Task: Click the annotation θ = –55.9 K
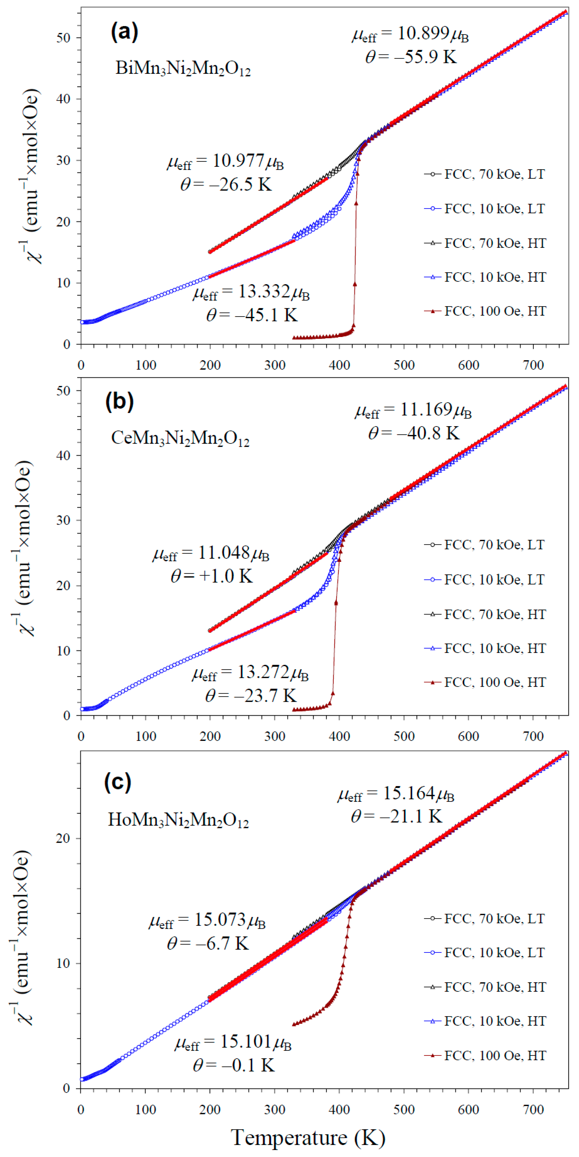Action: (411, 57)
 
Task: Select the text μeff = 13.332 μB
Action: (251, 293)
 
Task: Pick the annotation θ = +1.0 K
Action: (211, 576)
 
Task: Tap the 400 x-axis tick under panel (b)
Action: (339, 736)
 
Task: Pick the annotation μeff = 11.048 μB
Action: (211, 553)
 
